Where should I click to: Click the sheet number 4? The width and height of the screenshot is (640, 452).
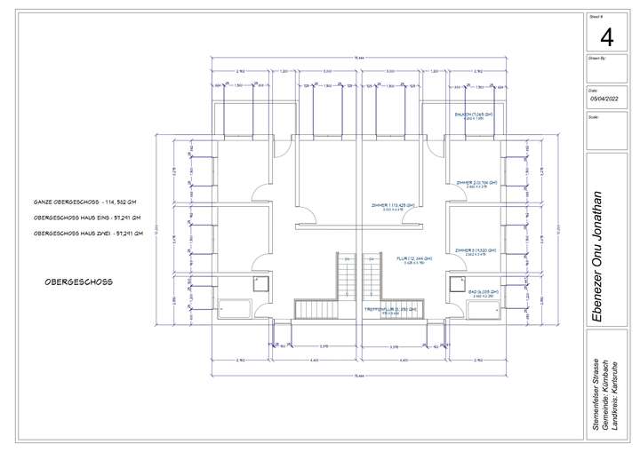607,37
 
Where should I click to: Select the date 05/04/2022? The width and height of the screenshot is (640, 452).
606,100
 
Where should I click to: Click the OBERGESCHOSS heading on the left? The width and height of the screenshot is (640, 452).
78,282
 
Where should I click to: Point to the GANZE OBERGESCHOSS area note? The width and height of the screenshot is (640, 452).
84,202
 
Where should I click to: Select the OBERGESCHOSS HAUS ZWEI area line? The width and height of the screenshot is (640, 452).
86,233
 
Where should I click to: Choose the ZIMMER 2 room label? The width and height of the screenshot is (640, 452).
476,183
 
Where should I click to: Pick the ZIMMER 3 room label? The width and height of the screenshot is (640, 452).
476,251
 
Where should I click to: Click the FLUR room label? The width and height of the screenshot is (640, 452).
414,258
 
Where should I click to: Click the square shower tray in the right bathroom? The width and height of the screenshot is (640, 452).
459,283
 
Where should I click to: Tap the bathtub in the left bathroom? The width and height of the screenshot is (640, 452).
235,309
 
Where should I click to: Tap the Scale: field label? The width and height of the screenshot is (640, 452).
593,116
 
